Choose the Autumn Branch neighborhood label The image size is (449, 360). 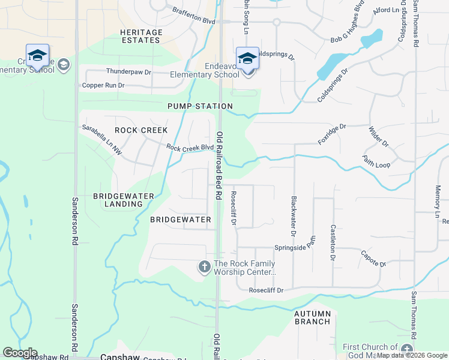[312, 317]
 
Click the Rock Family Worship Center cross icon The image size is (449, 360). [204, 266]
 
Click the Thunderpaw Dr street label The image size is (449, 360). [128, 71]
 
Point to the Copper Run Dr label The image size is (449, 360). [103, 85]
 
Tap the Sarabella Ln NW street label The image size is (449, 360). [102, 140]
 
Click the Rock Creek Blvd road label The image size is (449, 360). [190, 147]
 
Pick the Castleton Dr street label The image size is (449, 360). [333, 242]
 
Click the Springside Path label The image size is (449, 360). [295, 247]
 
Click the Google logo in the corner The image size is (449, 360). [20, 353]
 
